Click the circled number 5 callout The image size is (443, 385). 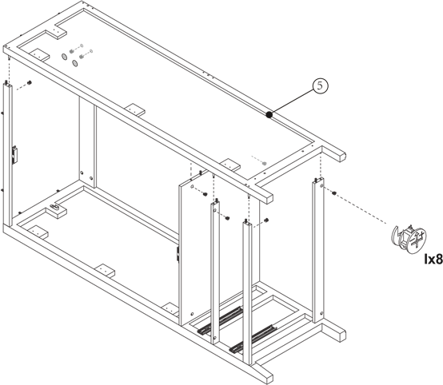320,86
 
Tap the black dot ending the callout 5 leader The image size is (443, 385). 269,115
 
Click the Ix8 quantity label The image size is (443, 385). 433,259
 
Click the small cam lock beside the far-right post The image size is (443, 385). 333,193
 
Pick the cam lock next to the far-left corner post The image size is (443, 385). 29,83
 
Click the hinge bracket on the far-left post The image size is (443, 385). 14,155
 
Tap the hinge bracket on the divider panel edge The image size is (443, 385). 178,253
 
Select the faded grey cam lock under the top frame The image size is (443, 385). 264,164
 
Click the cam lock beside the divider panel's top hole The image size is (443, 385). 206,194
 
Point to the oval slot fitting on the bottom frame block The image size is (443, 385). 54,208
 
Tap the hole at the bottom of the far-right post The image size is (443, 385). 321,313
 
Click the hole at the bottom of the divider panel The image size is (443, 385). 192,314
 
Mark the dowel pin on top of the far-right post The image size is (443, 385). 319,179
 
